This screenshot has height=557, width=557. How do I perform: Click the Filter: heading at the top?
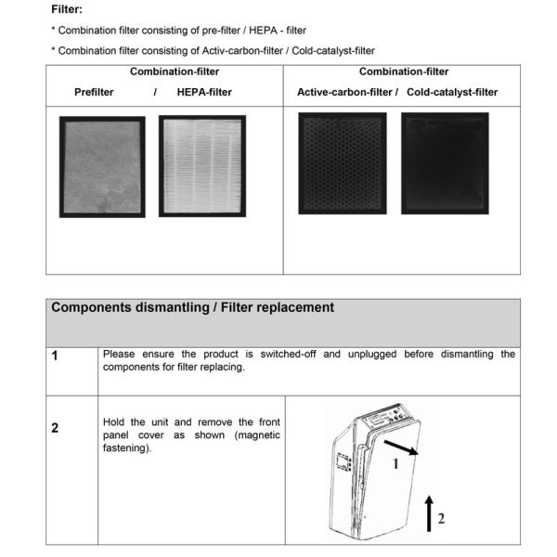tap(66, 9)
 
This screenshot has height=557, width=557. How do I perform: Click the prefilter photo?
tap(102, 167)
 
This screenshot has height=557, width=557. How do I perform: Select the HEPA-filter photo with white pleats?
tap(201, 166)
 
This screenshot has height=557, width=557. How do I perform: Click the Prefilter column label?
tap(100, 92)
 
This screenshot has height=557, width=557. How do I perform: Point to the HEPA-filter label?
tap(204, 92)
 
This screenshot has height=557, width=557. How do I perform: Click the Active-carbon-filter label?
tap(347, 92)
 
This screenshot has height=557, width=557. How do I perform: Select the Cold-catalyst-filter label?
tap(452, 92)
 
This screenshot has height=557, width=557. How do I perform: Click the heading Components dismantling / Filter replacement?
tap(192, 308)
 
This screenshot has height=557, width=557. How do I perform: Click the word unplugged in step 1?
tap(371, 355)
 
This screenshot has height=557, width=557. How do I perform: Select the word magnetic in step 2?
tap(258, 435)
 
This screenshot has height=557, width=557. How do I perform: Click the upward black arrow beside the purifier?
tap(429, 513)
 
